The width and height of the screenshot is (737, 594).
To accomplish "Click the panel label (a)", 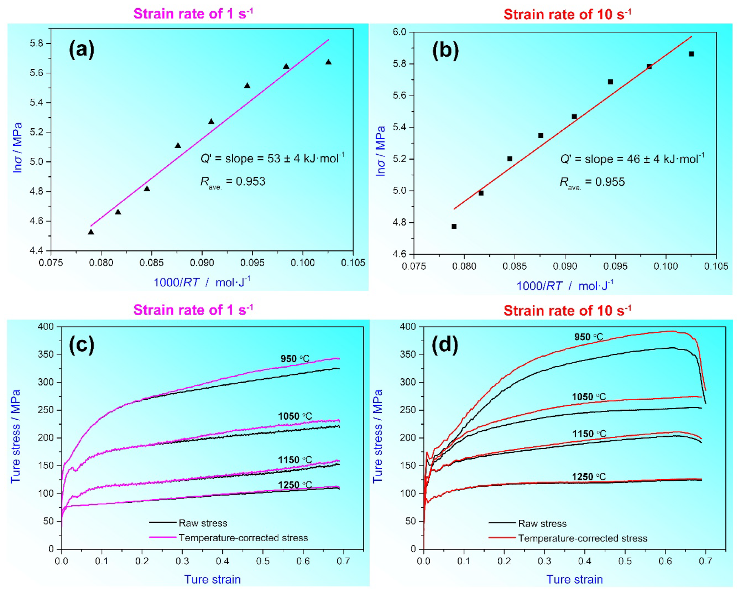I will pos(81,50).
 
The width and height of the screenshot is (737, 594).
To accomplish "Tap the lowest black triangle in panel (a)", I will pos(91,232).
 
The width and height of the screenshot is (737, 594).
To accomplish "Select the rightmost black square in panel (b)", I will pos(691,54).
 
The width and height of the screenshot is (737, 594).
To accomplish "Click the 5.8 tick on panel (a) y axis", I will pos(36,43).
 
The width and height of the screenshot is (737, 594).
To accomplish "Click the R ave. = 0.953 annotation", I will pos(232,182).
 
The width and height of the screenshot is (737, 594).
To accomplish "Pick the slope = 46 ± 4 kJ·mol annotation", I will pos(632,159).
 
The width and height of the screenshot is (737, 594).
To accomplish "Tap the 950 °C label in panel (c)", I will pos(295,359).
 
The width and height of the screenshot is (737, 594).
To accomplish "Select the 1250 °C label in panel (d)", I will pos(588,477).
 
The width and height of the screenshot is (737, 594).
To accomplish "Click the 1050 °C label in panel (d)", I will pos(588,397).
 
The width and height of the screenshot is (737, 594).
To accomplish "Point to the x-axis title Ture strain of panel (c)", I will pos(212,579).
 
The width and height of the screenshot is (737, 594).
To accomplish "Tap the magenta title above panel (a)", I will pos(193,14).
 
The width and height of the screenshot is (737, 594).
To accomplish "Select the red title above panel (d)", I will pos(567,311).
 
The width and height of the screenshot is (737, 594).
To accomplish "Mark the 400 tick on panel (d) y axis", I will pos(408,327).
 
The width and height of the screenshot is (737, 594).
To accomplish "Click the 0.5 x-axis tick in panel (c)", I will pos(262,561).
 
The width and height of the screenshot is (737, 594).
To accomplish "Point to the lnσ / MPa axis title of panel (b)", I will pos(380,151).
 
